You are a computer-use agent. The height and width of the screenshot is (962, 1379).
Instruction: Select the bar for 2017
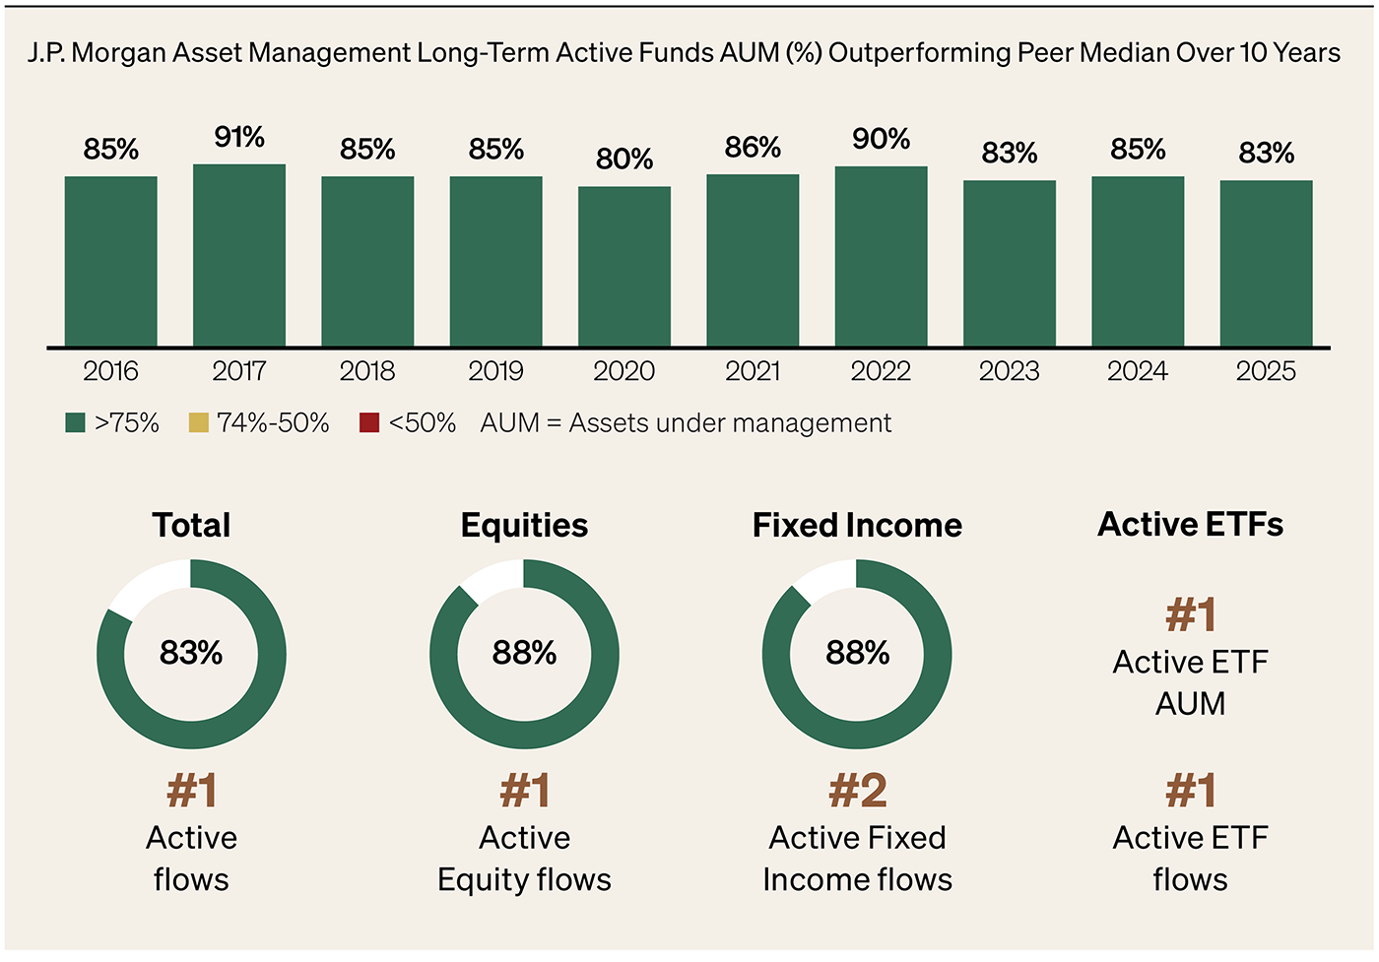239,256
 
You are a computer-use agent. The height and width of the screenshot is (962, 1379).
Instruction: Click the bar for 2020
624,267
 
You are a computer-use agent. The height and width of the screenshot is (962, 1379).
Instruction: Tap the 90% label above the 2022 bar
881,139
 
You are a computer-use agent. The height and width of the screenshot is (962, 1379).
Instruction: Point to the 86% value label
753,148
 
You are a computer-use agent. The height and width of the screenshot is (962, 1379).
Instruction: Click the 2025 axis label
1266,371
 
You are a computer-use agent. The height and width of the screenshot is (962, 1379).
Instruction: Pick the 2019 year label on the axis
495,371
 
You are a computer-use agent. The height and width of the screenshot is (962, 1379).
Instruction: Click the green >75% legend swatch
75,423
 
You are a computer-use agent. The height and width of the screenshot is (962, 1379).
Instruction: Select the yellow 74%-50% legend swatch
198,423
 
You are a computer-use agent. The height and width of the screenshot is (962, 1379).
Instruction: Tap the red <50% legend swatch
369,423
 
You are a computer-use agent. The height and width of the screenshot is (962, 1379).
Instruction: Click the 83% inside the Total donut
191,653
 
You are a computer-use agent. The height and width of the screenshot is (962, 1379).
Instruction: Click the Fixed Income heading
857,526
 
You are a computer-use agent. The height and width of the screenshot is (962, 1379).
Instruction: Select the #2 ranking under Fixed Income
857,791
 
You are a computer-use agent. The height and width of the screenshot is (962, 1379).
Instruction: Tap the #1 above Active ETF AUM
1190,615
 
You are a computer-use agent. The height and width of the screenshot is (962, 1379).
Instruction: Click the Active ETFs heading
1190,525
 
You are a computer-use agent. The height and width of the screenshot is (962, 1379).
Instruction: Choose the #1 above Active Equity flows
524,791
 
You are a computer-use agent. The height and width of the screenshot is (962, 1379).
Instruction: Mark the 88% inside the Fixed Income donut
857,653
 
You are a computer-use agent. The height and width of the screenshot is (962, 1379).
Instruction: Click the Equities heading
524,526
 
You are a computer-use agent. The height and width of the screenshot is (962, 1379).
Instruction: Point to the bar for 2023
1010,264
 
